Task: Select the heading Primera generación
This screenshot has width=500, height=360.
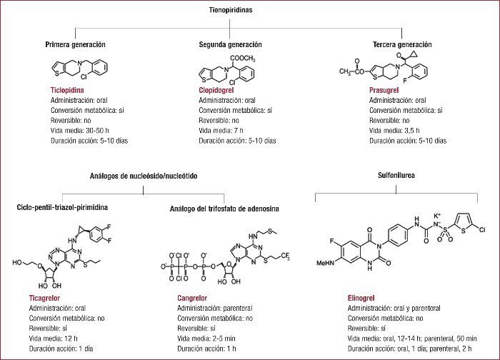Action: [76, 44]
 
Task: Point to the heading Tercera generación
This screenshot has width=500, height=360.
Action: [402, 44]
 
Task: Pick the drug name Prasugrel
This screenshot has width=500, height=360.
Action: [385, 91]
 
